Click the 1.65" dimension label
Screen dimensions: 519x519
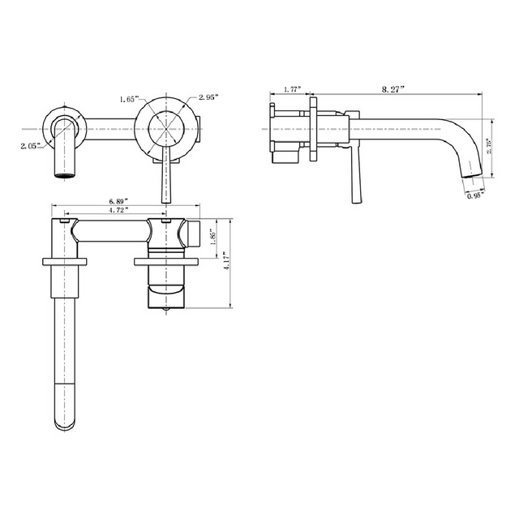click(x=127, y=99)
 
